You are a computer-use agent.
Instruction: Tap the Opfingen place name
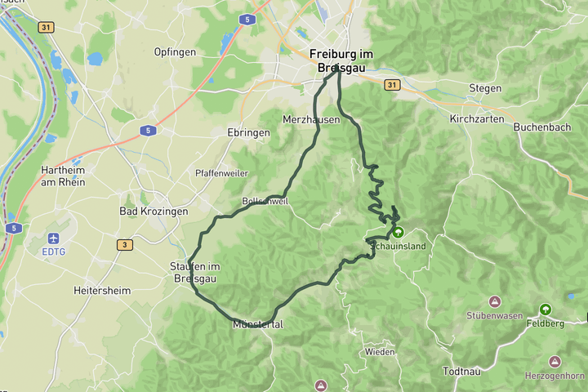[x=175, y=51]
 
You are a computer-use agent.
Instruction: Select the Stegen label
[x=485, y=88]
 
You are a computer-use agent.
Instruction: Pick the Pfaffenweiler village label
[x=221, y=173]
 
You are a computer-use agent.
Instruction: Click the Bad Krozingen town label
[x=154, y=211]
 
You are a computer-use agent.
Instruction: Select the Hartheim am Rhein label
[x=63, y=176]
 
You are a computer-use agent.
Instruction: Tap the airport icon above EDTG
[x=55, y=238]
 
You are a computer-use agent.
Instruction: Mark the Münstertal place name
[x=257, y=324]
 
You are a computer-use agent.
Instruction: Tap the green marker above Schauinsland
[x=399, y=232]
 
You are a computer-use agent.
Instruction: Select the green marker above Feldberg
[x=545, y=310]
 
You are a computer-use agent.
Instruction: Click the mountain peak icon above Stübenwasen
[x=494, y=302]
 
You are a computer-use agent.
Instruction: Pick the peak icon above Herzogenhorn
[x=555, y=361]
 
